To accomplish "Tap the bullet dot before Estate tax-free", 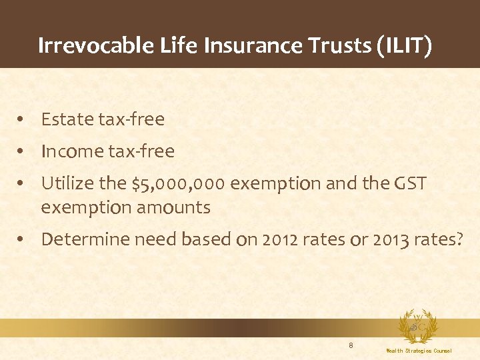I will [x=22, y=119].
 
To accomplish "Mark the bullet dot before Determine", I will [x=22, y=239].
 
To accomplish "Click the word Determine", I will [x=83, y=239].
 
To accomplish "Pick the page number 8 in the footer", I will [x=351, y=345].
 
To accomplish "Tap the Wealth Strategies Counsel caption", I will [x=419, y=351].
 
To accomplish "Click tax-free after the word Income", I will [x=141, y=151].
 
